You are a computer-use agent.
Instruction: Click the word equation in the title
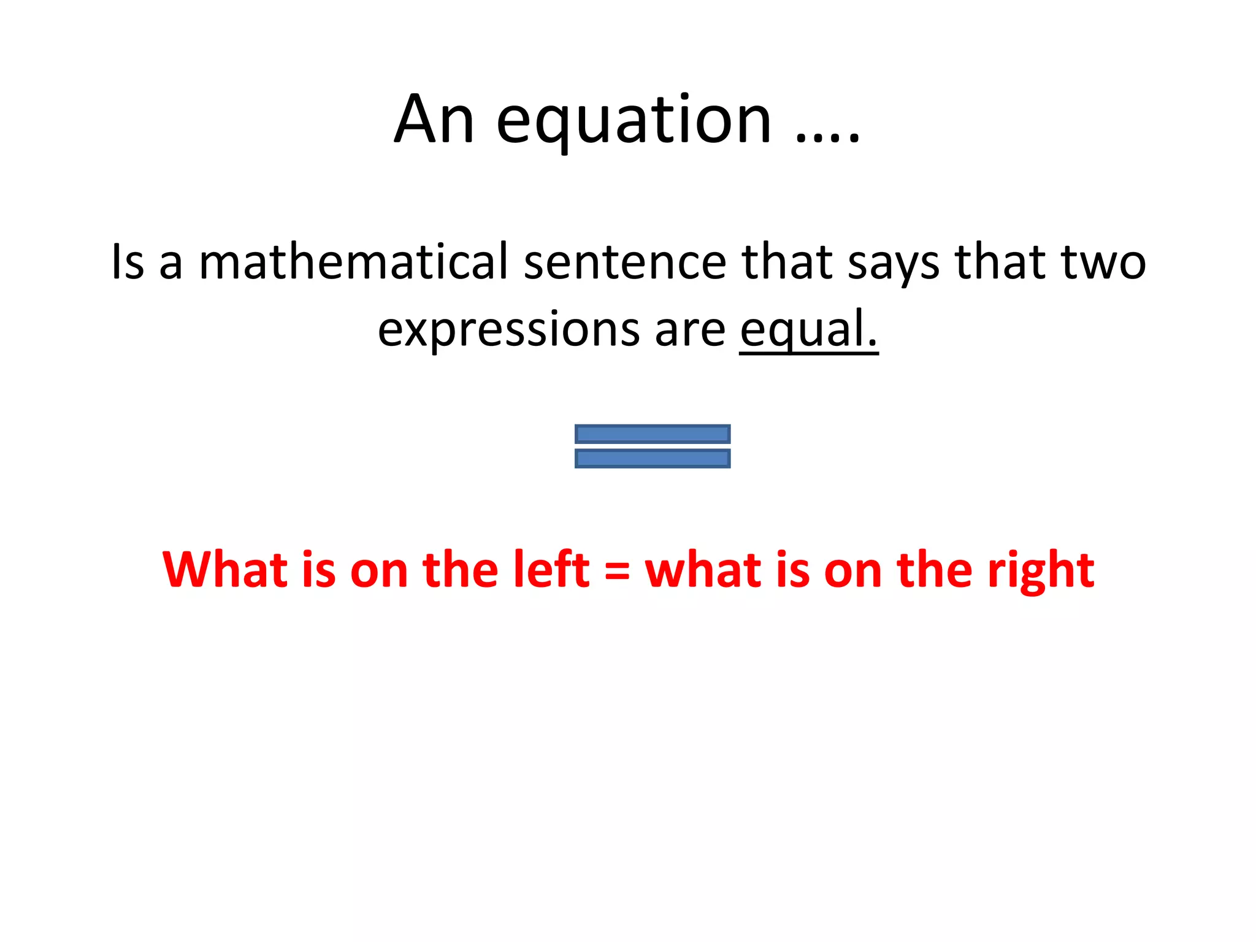633,123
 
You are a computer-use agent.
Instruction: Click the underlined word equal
808,330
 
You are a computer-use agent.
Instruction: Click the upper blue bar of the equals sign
653,434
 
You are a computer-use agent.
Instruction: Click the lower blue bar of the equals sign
653,459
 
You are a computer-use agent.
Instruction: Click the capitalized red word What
225,569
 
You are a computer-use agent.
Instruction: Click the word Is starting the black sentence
128,262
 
